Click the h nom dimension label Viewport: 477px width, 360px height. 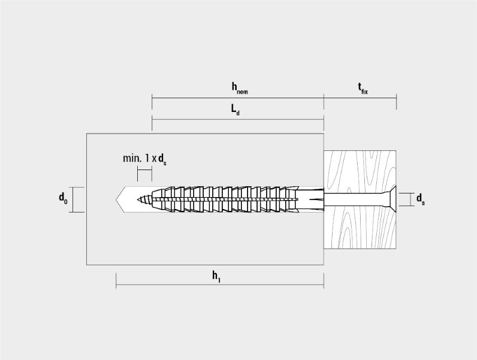pos(240,88)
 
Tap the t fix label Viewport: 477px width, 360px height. pos(363,88)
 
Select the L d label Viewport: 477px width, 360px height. pos(235,110)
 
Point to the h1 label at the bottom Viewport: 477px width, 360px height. pos(216,276)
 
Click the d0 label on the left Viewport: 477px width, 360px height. pos(63,198)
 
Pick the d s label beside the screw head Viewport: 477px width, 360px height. pos(421,199)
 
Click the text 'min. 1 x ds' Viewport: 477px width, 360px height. pos(144,159)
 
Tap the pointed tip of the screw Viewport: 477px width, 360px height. pos(138,199)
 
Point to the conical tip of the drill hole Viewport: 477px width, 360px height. pos(120,199)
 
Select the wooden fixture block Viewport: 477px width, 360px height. pos(360,199)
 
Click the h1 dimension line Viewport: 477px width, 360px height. pos(220,285)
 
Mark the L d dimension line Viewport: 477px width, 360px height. pos(238,119)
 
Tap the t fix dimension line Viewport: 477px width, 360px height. pos(360,98)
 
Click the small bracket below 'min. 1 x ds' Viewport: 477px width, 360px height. pos(144,170)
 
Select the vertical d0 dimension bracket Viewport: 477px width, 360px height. pos(73,199)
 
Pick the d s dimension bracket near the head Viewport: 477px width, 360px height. pos(410,199)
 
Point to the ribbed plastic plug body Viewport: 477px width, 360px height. pos(237,199)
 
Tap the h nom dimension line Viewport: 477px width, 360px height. pos(238,98)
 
